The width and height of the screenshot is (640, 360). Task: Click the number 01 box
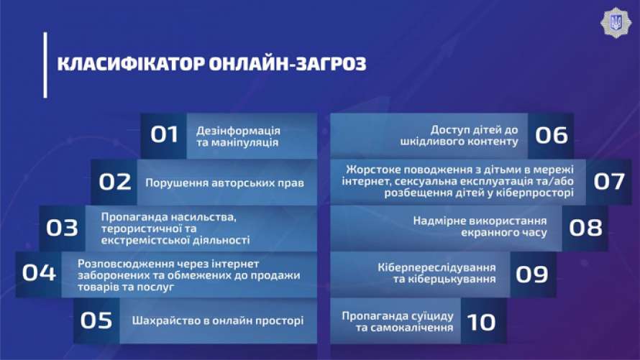click(164, 135)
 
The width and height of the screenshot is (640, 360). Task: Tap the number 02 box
click(114, 182)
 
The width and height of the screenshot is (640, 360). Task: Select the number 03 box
click(62, 228)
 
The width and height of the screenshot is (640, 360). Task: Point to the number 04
click(39, 273)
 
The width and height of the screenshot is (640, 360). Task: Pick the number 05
click(96, 320)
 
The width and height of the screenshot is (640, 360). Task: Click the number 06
click(552, 135)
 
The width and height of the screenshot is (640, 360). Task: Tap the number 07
click(609, 182)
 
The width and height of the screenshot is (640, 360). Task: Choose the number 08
click(585, 228)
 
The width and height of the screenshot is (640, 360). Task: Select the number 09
click(532, 274)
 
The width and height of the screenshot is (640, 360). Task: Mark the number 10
click(482, 322)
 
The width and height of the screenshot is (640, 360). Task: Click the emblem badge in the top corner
click(616, 23)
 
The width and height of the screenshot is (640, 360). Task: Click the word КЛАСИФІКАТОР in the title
click(131, 64)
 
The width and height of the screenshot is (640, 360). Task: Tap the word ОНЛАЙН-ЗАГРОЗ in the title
click(288, 64)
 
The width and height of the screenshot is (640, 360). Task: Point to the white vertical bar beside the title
click(45, 65)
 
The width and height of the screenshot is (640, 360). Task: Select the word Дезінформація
click(238, 131)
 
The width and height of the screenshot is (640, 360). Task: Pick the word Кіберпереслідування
click(436, 268)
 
